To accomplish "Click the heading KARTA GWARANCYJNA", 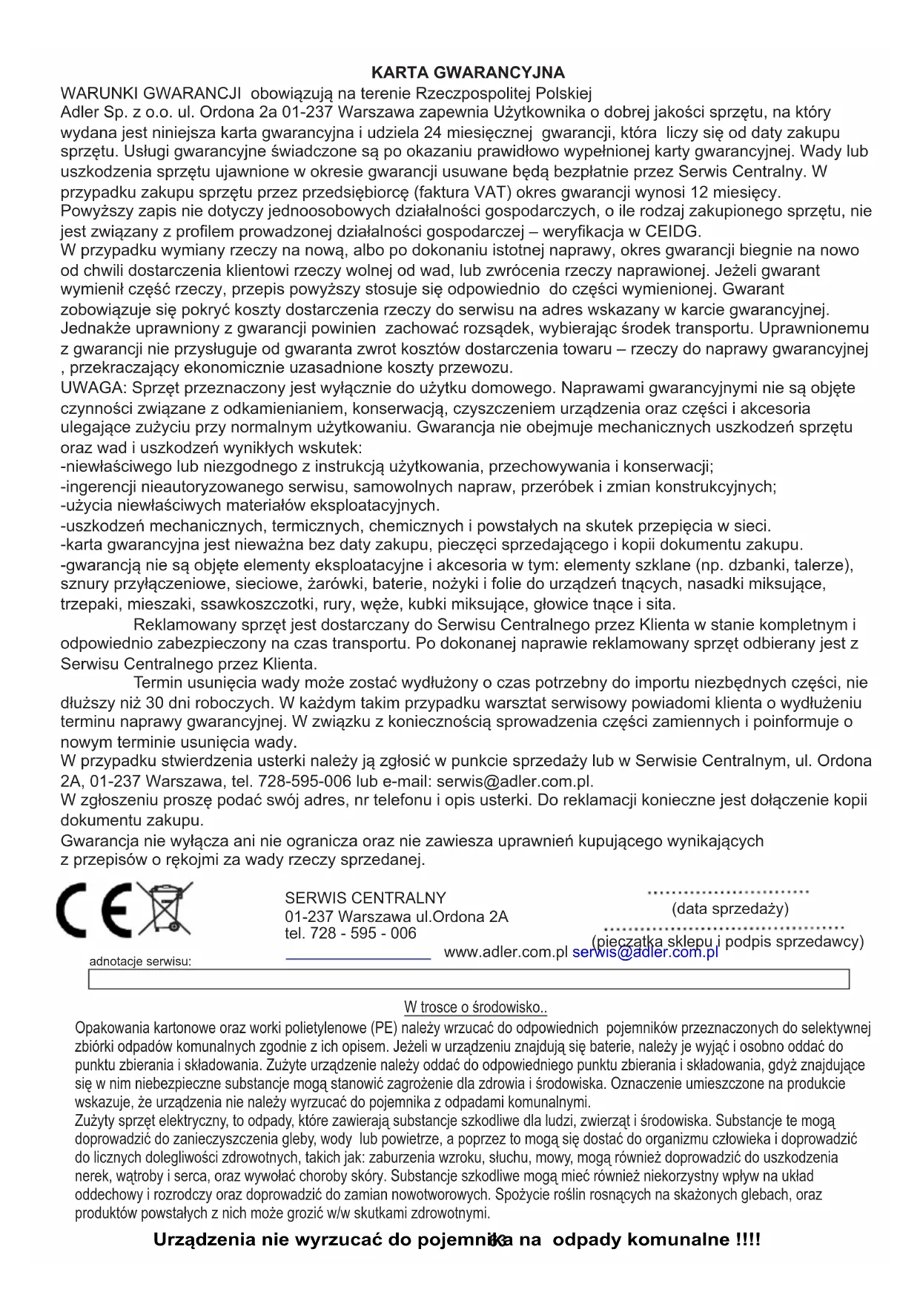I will click(468, 73).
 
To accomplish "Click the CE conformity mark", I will click(94, 909).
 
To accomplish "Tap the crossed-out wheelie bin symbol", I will click(165, 908).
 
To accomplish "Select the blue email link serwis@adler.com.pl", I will click(645, 953).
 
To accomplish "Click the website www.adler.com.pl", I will click(506, 952).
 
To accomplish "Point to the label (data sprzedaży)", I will click(730, 909).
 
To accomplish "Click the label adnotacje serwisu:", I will click(140, 961).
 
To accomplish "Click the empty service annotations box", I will click(469, 979).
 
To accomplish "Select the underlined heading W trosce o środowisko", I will click(475, 1007).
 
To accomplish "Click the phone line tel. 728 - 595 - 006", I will click(351, 933).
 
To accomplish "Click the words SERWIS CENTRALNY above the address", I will click(365, 897).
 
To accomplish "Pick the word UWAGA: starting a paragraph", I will click(94, 388).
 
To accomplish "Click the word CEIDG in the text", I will click(672, 231).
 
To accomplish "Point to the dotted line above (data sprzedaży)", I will click(728, 892).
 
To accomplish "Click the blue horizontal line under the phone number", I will click(358, 959).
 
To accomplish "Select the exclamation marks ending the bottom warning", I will click(748, 1239).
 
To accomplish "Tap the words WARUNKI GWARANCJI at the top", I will click(151, 93).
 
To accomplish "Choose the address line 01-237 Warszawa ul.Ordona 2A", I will click(397, 917).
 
